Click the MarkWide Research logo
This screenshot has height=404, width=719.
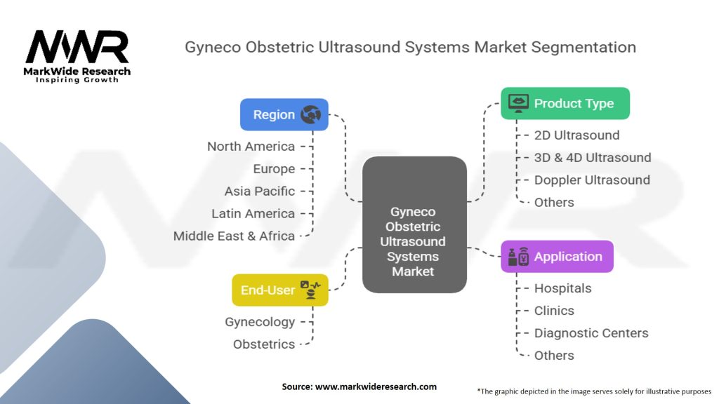tap(77, 56)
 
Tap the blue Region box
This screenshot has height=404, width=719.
tap(284, 114)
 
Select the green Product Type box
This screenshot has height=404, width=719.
tap(565, 103)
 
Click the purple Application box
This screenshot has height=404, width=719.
tap(557, 257)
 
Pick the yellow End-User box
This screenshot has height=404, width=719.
tap(280, 290)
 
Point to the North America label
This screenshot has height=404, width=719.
tap(251, 147)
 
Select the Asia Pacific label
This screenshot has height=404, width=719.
tap(260, 191)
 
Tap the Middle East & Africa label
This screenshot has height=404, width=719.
tap(234, 236)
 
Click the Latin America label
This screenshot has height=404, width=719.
tap(253, 214)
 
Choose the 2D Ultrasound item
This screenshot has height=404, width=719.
tap(576, 135)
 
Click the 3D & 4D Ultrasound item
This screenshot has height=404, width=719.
tap(592, 158)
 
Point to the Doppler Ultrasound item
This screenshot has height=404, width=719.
tap(592, 180)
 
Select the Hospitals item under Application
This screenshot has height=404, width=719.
tap(562, 288)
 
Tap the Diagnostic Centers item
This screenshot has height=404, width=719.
tap(591, 333)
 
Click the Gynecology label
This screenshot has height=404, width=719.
tap(260, 322)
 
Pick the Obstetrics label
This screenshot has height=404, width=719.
tap(264, 344)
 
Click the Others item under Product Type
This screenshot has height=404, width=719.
tap(554, 203)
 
